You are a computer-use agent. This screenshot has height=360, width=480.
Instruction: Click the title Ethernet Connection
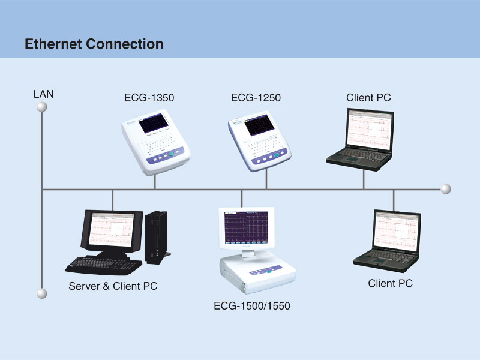coord(94,44)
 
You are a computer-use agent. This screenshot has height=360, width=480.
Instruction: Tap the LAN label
coord(44,94)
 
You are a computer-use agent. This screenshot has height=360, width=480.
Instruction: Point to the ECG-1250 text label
coord(256,97)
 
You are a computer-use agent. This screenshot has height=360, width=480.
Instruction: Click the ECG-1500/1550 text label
coord(252,306)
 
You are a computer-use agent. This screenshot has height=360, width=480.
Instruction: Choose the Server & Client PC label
coord(113,286)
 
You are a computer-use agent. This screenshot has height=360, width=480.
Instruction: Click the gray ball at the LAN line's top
coord(41,107)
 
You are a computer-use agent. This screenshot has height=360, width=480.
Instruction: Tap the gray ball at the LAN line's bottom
coord(41,293)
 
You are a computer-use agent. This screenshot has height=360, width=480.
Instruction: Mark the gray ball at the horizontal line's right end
coord(445,190)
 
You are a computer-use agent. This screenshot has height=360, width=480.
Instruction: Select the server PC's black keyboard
coord(99,263)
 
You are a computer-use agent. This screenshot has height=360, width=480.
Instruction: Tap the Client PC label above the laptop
coord(368,97)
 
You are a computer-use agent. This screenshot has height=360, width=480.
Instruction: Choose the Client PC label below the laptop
coord(390,283)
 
